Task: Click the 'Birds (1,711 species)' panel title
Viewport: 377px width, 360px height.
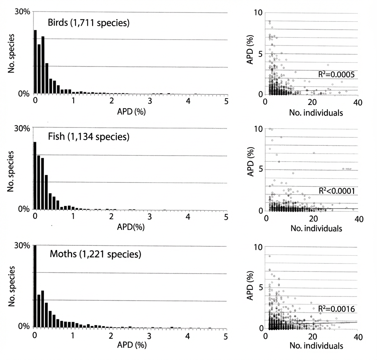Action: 89,24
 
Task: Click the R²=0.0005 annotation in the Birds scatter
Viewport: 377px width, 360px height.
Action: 337,74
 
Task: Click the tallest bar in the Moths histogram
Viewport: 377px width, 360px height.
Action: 35,286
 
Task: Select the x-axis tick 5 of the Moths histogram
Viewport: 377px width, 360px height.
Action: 225,336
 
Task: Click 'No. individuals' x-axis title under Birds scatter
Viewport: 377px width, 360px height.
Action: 312,113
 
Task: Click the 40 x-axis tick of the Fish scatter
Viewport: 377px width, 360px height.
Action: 357,218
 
